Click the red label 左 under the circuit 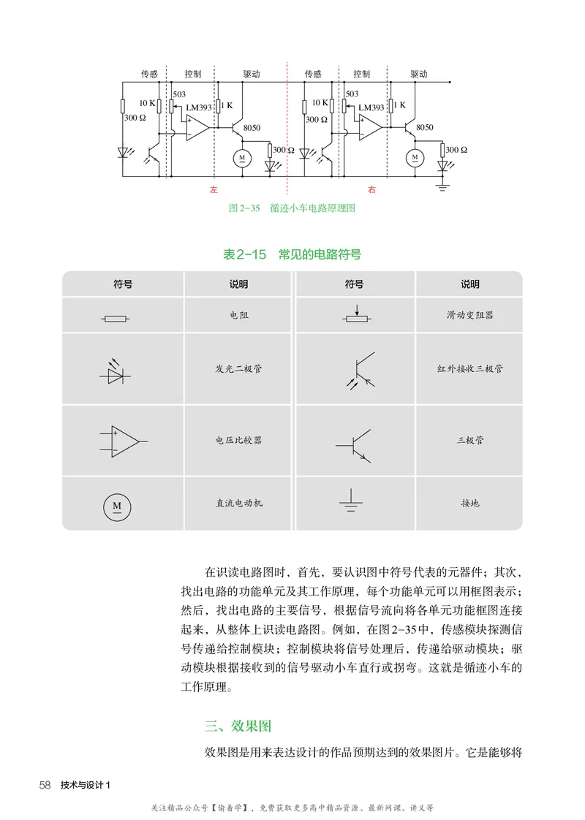tap(214, 190)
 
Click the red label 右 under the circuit tap(371, 190)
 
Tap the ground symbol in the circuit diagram tap(442, 189)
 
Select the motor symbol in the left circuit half tap(241, 157)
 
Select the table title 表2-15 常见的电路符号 tap(292, 255)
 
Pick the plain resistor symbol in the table tap(114, 318)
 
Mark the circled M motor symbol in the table tap(116, 505)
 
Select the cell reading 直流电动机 tap(238, 504)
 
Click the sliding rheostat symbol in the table tap(356, 317)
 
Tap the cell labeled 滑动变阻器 tap(469, 315)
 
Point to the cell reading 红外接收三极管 tap(469, 369)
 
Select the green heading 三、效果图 tap(238, 726)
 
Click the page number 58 tap(45, 785)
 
